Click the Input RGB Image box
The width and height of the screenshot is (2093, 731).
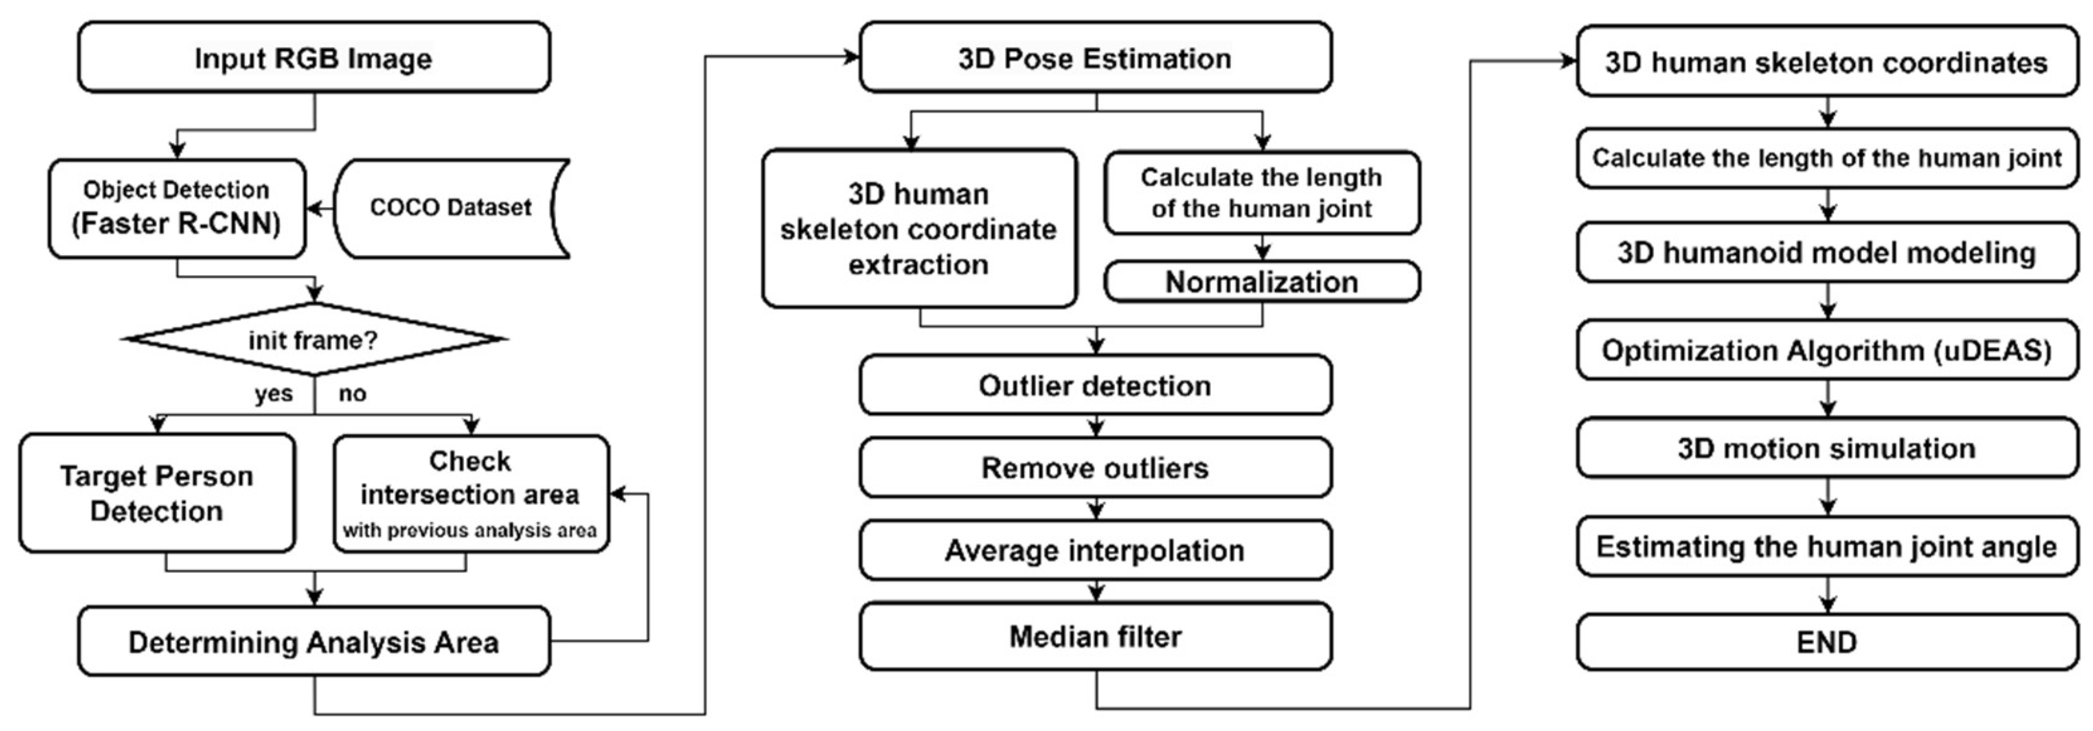[314, 58]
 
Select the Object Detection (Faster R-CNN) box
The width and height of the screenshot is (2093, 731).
[176, 208]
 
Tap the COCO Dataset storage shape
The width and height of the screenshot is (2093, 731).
[451, 208]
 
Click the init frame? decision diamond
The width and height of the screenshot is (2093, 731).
[314, 339]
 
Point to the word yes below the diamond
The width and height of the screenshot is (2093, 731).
[273, 394]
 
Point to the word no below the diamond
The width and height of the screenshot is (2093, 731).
[353, 394]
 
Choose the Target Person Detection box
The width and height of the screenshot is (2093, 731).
[157, 493]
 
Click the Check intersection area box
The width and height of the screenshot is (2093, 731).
[470, 494]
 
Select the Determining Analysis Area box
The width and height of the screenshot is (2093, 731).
[314, 642]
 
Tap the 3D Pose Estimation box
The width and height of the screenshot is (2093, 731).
[1095, 58]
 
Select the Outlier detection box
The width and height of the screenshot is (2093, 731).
[1095, 385]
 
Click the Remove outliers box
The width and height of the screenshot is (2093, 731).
[1095, 468]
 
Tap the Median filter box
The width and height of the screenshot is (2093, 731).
[1095, 636]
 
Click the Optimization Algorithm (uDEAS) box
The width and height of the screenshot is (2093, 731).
[1827, 350]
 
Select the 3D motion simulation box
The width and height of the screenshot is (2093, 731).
[1827, 448]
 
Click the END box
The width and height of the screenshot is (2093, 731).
[1827, 642]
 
